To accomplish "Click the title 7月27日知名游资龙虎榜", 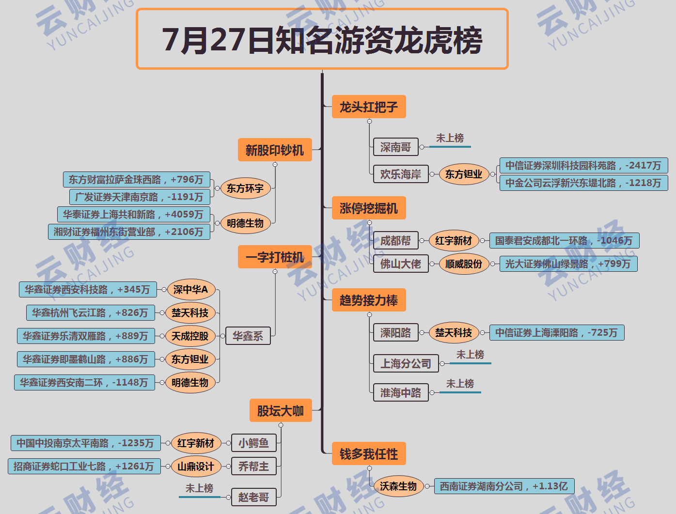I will tap(322, 39).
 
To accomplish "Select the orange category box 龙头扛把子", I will tap(369, 107).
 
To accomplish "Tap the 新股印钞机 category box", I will tap(275, 150).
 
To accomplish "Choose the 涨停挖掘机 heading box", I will tap(369, 208).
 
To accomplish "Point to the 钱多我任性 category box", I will tap(369, 454).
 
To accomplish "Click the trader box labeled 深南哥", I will tap(395, 147).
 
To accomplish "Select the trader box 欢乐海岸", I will tap(401, 174).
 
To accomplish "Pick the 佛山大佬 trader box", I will tap(401, 264).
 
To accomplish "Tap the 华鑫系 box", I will tap(248, 336).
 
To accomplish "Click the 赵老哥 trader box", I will tap(253, 497).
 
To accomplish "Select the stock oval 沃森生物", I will tap(398, 486).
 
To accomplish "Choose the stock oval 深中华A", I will tap(190, 290).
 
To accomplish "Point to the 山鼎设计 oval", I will tap(196, 467).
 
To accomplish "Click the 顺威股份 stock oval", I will tap(464, 264).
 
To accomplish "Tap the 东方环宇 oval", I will tap(245, 188).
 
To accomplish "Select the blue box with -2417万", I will tap(583, 166).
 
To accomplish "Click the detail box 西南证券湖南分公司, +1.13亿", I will tap(504, 486).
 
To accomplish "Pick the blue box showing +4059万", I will tap(133, 214).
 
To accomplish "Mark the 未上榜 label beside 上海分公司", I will tap(470, 355).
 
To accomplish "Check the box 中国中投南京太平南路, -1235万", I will tap(85, 443).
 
